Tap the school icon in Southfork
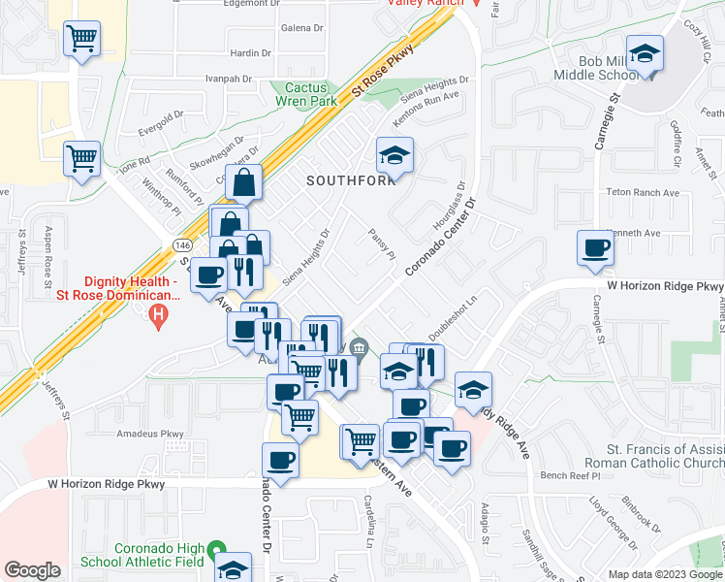click(394, 155)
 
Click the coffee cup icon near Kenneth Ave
click(595, 247)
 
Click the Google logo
click(32, 570)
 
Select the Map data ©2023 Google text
click(663, 574)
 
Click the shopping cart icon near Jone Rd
click(82, 158)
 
